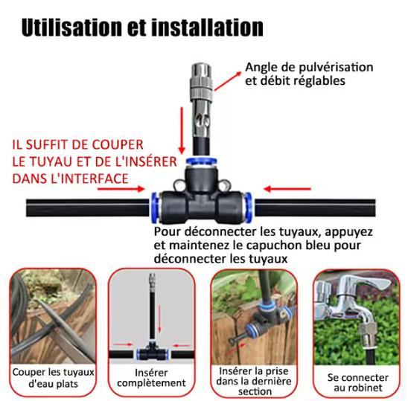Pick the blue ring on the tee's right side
pyautogui.click(x=248, y=204)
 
